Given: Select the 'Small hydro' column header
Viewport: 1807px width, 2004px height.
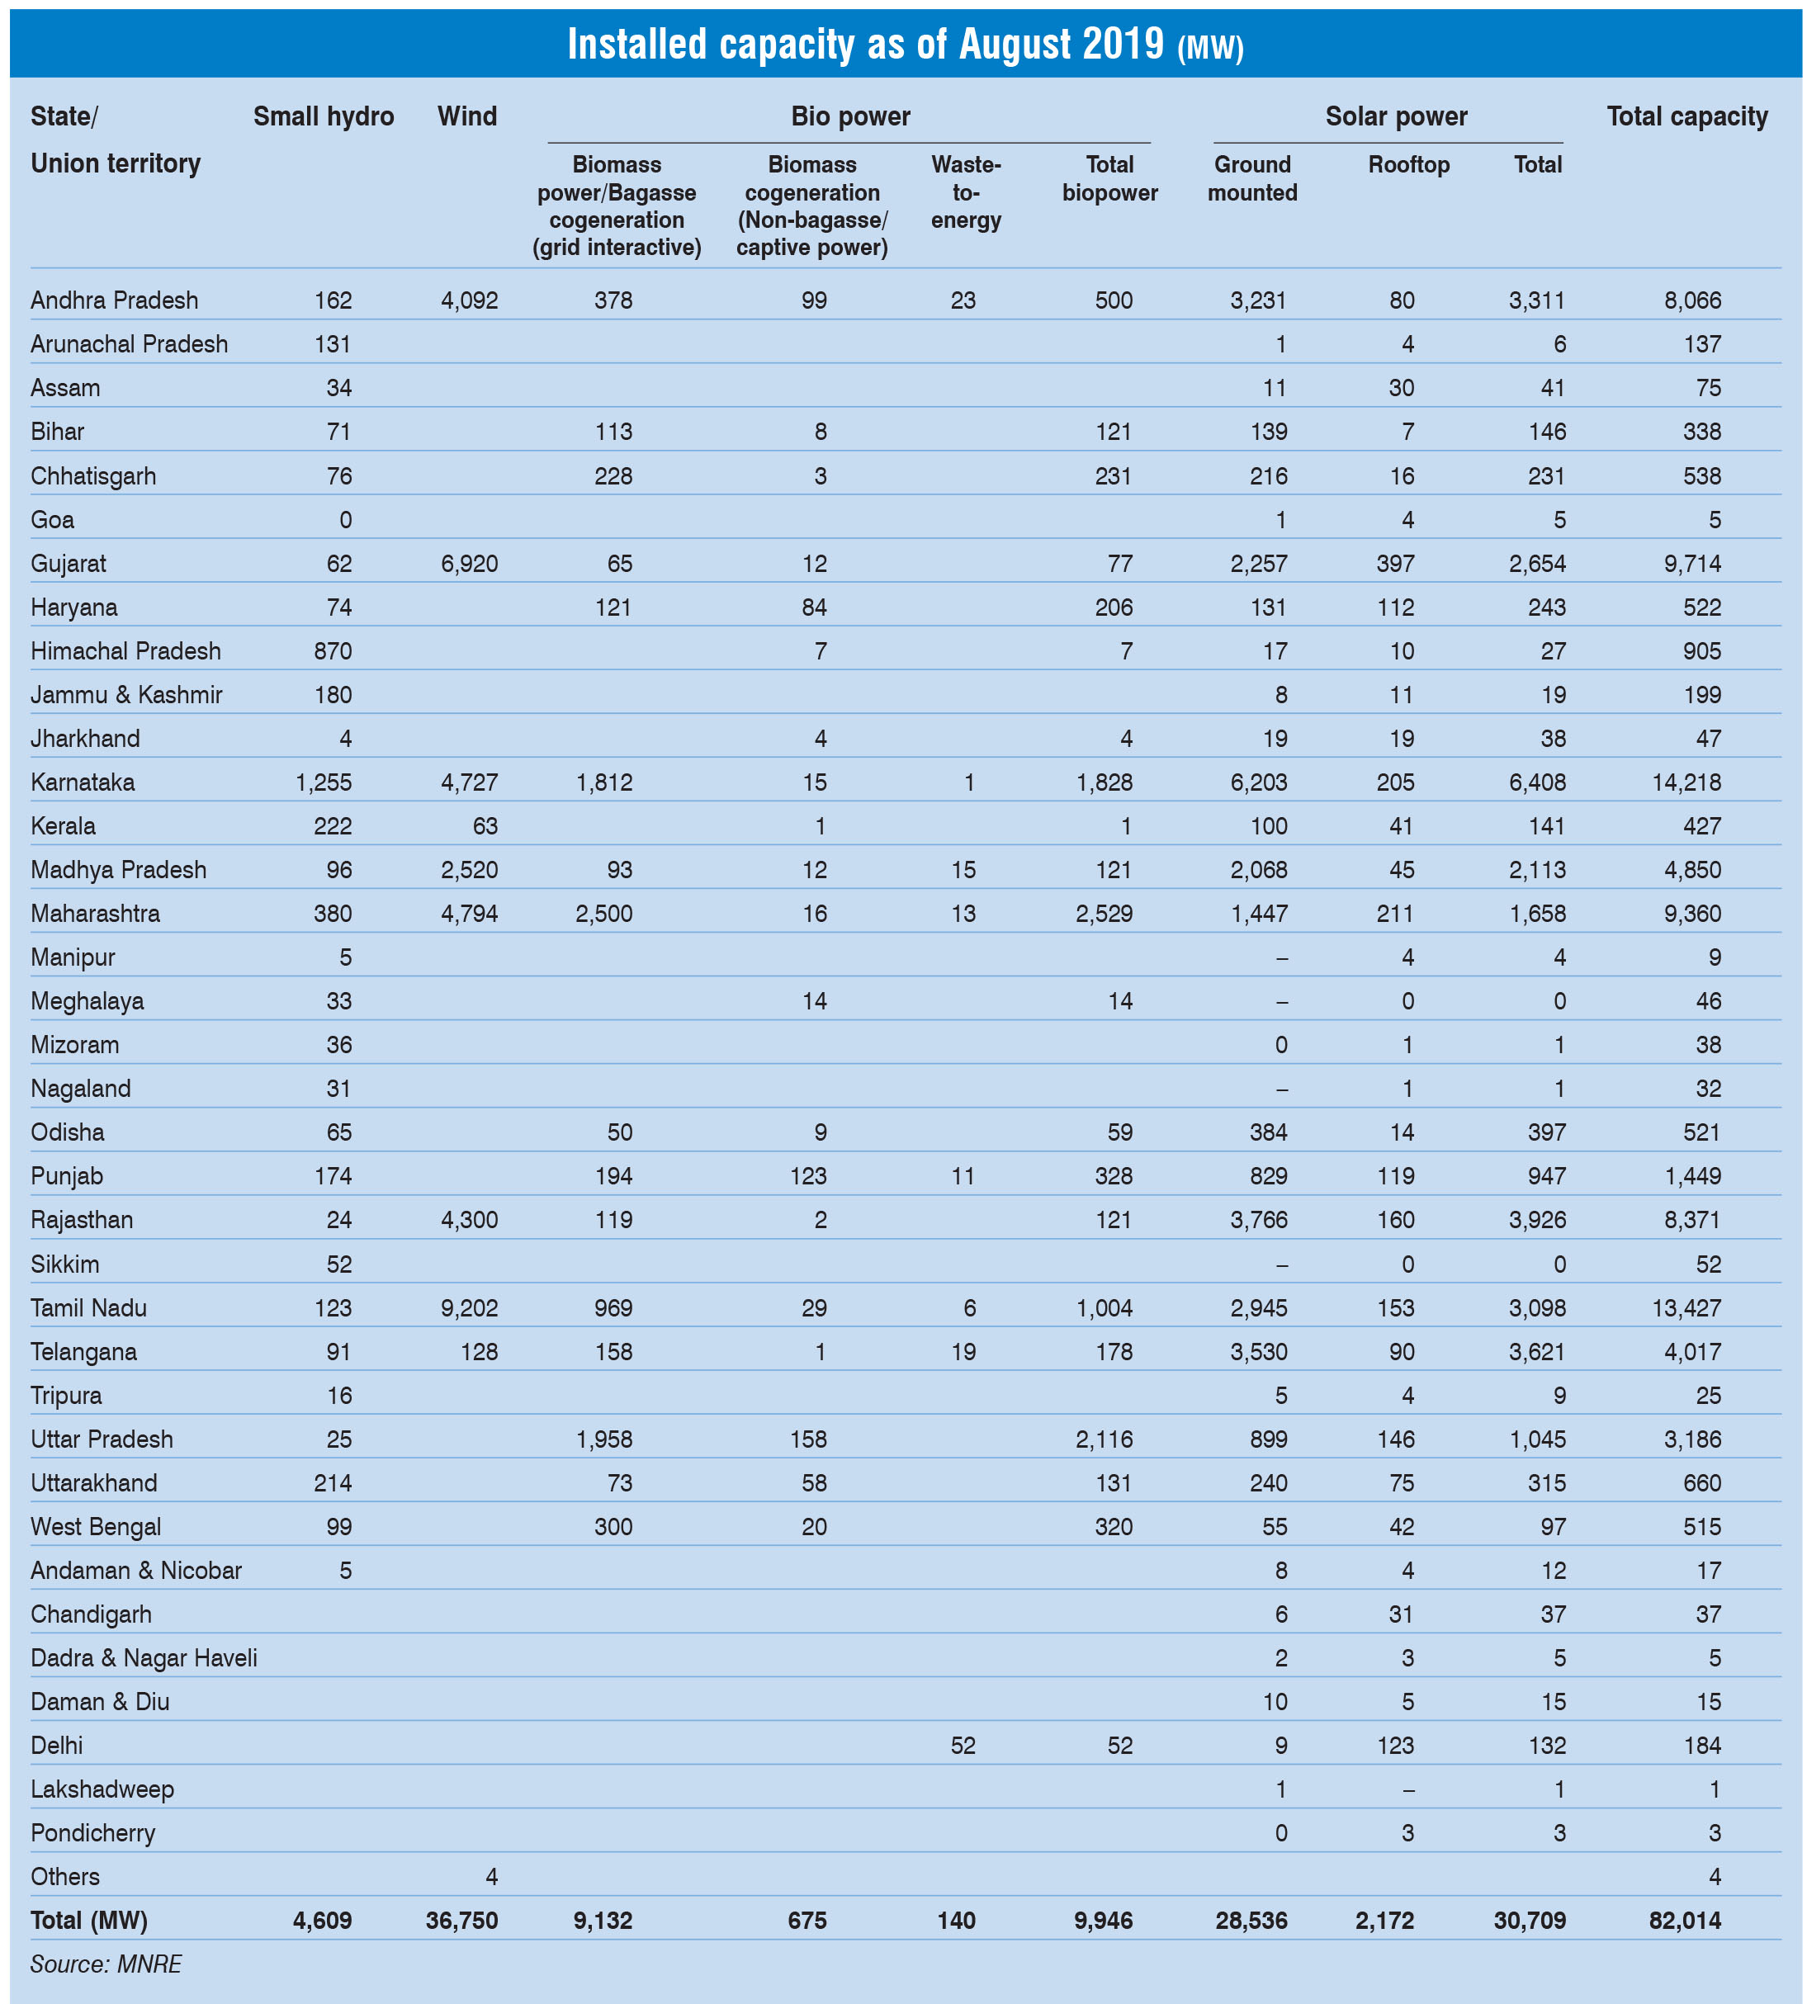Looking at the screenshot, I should (x=324, y=117).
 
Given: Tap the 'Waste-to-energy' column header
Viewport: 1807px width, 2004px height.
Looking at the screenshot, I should (x=965, y=192).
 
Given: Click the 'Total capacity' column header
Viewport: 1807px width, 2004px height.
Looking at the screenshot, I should (x=1686, y=117).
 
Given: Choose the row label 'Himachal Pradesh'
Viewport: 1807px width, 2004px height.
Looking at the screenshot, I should (x=126, y=651).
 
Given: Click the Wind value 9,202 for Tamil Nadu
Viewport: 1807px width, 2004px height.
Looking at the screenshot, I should (x=470, y=1308).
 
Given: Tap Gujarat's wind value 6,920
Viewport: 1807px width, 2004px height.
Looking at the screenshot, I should (x=470, y=564).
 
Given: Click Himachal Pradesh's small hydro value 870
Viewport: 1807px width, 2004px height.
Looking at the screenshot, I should (x=333, y=651).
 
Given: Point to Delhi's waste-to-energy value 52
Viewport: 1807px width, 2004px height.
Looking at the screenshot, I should (x=963, y=1746).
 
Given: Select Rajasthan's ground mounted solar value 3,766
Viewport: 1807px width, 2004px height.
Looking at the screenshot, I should (x=1258, y=1221).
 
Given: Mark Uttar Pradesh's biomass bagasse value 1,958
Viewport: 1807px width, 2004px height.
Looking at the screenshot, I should (x=603, y=1439).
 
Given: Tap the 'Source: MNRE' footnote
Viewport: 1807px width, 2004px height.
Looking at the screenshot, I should (x=106, y=1964).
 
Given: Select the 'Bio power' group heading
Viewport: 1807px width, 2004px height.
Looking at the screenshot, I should (x=850, y=117).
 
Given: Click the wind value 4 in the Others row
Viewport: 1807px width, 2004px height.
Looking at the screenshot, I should (x=491, y=1877).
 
